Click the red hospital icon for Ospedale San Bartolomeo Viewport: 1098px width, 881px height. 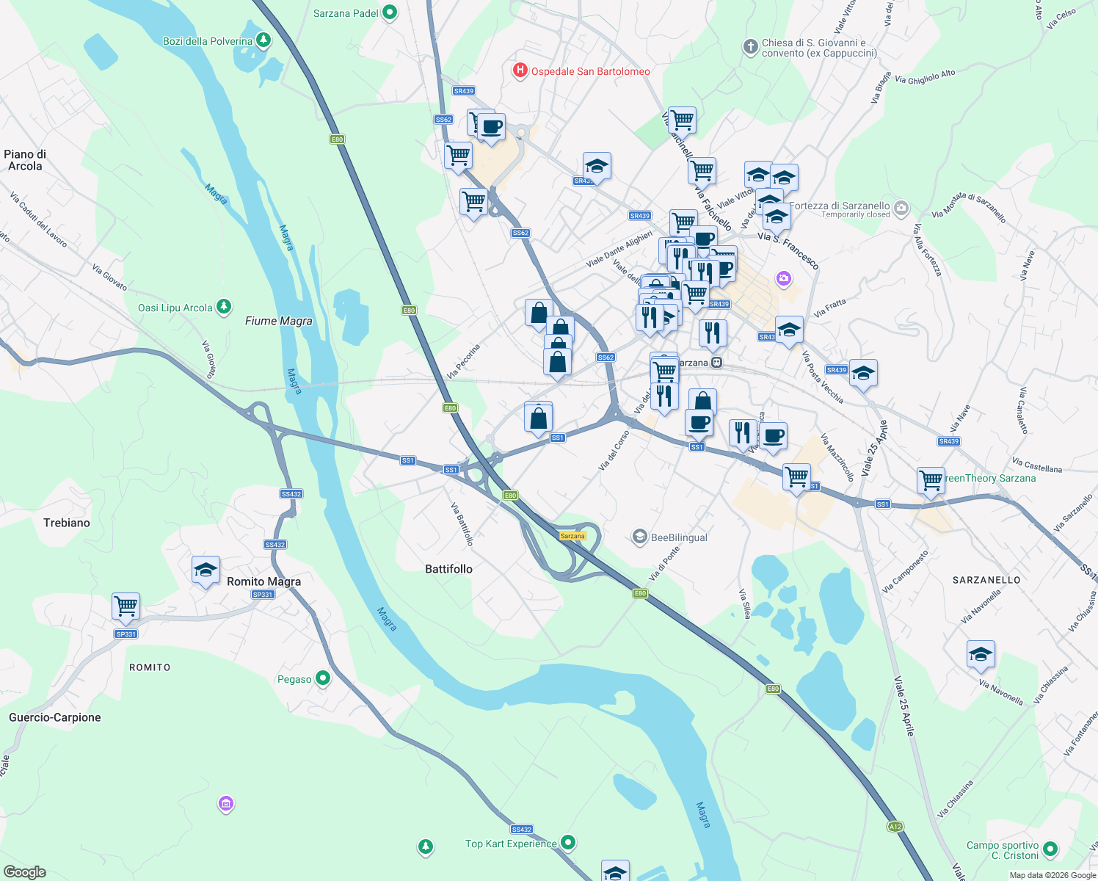(x=520, y=70)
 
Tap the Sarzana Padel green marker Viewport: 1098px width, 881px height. (x=390, y=12)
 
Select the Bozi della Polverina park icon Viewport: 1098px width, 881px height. (x=263, y=40)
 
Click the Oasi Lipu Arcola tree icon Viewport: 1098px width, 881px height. (x=223, y=307)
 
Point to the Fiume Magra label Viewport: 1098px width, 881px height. (x=278, y=321)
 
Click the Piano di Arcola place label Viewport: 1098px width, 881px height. (x=25, y=160)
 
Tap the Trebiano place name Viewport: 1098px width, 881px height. (x=67, y=523)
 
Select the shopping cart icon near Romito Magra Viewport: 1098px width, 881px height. (x=126, y=606)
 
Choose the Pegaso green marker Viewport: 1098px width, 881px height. (x=322, y=678)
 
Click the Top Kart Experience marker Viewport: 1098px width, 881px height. (x=567, y=843)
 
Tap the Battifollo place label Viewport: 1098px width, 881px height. (x=448, y=569)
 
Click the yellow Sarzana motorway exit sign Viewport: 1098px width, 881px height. (x=572, y=536)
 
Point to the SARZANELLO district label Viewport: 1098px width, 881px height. (x=986, y=580)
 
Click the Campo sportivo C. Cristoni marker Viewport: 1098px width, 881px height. (x=1050, y=849)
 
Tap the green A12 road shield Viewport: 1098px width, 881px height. (x=895, y=827)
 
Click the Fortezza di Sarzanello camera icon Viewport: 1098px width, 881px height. (x=901, y=209)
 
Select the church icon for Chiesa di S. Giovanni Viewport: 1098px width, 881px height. (x=750, y=47)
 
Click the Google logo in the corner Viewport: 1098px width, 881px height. (x=25, y=871)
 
